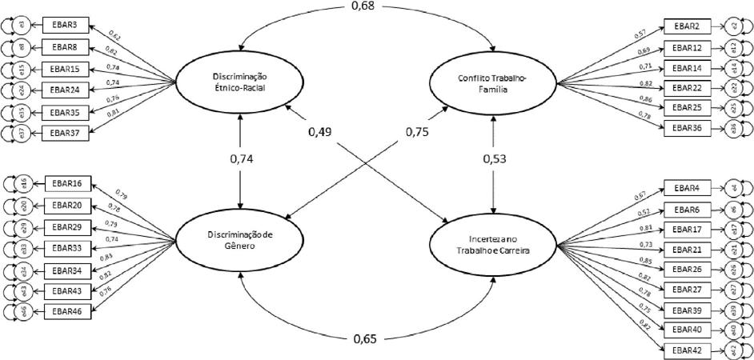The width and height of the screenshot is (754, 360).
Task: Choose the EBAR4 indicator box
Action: coord(686,189)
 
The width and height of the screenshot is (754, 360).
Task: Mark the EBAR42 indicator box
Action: coord(686,349)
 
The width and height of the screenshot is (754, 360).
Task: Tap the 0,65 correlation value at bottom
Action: coord(367,339)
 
